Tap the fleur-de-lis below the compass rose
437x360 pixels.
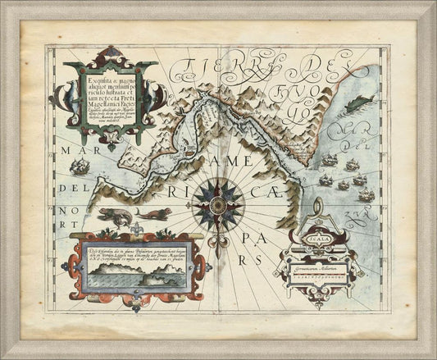[218, 244]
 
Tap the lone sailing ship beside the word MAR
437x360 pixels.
[80, 168]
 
